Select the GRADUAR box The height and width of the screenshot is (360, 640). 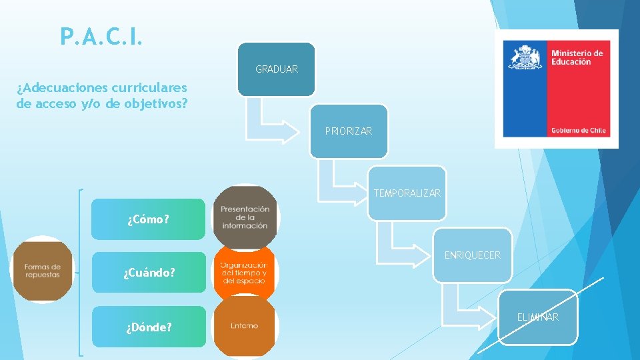[277, 69]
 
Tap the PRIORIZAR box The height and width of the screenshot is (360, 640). [349, 131]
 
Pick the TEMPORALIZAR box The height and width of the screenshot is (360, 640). [407, 193]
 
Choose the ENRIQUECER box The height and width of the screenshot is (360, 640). [473, 255]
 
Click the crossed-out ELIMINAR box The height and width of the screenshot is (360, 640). [538, 317]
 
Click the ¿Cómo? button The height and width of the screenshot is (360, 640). [148, 219]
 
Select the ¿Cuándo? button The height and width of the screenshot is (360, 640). [149, 272]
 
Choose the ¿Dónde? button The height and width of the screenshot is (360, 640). [149, 327]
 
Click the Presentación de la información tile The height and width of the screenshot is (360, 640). [245, 217]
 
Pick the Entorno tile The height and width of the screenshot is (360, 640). [244, 326]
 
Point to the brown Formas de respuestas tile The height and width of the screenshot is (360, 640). [43, 270]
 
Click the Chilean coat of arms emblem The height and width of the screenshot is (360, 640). [525, 58]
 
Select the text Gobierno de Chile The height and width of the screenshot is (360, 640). [578, 130]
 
